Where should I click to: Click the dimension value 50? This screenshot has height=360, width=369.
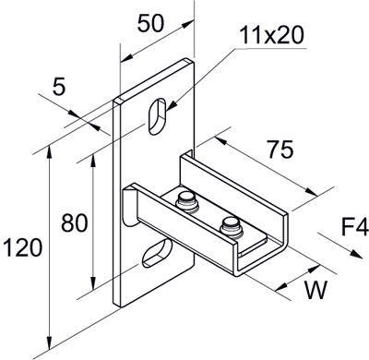pos(152,25)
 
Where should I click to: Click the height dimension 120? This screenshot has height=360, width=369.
pos(21,248)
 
